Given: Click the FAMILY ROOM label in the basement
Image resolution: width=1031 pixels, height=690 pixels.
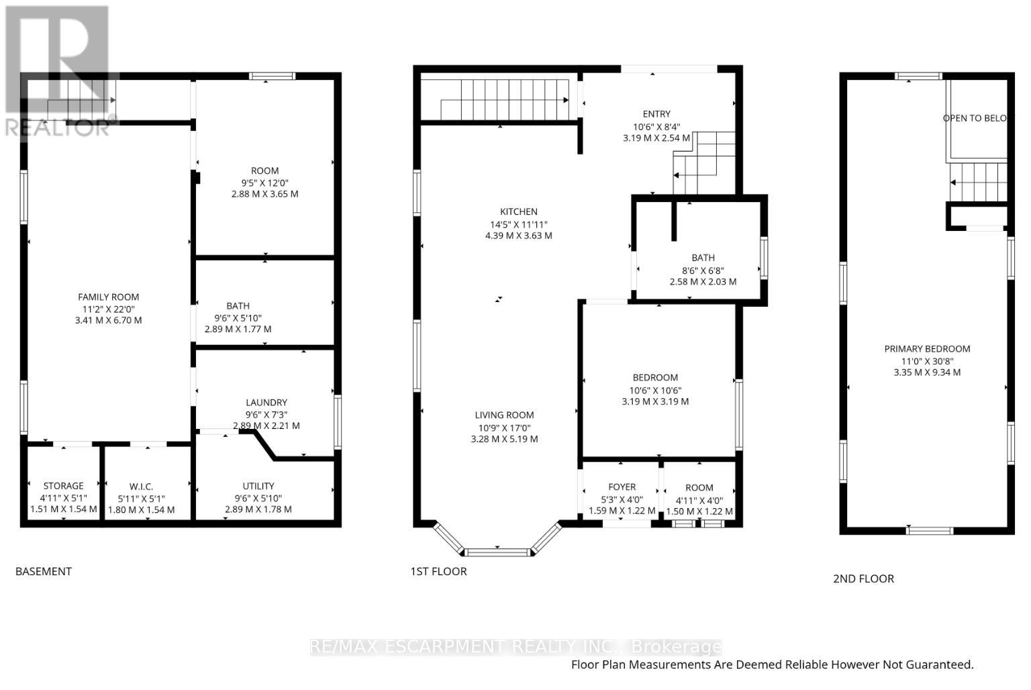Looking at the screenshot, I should click(x=108, y=297).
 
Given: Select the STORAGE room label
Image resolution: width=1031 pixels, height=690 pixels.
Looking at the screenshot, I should click(x=64, y=486).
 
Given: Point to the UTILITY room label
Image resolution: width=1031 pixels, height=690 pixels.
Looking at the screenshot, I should click(x=258, y=486).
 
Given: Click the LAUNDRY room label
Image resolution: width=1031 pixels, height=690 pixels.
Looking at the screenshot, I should click(x=266, y=403).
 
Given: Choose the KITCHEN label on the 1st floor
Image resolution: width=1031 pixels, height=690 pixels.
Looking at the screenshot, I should click(x=519, y=212).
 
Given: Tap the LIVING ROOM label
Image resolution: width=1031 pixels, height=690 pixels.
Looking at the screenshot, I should click(x=505, y=415).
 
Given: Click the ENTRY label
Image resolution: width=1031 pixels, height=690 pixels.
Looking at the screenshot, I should click(x=656, y=114).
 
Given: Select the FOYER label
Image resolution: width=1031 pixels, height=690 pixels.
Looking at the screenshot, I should click(x=622, y=487).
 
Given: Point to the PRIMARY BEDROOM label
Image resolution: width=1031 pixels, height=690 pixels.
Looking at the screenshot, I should click(x=927, y=349).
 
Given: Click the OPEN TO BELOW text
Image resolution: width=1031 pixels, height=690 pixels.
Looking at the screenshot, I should click(x=975, y=118).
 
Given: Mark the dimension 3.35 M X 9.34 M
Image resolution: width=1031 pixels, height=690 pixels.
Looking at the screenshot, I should click(x=927, y=373).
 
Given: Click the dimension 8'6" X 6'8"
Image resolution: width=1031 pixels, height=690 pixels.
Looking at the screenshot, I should click(x=703, y=270).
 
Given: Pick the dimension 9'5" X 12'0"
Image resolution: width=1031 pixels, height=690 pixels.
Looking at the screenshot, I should click(x=264, y=183).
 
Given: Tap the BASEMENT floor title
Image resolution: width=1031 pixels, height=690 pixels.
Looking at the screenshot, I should click(x=44, y=572).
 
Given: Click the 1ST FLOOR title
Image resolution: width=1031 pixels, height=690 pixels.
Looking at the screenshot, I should click(x=439, y=572).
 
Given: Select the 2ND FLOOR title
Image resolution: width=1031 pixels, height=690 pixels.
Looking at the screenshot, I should click(x=863, y=579).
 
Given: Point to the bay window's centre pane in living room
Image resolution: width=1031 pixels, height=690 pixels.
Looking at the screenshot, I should click(x=497, y=552).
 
